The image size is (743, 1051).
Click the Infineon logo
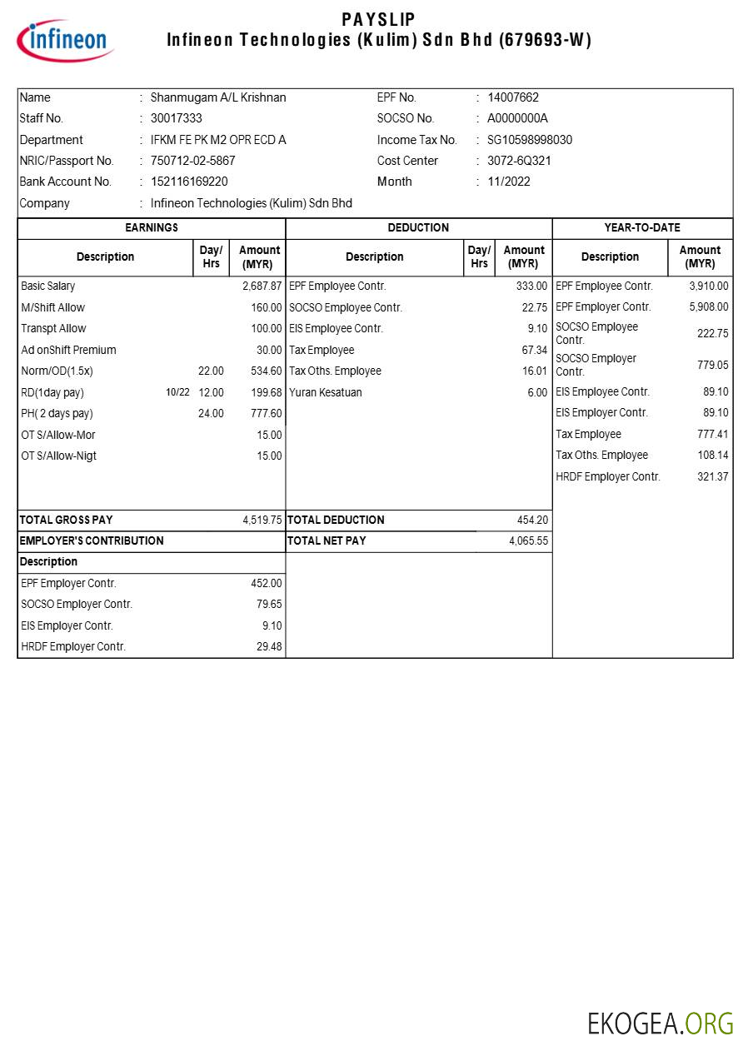[x=65, y=41]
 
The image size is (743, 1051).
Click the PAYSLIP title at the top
[x=378, y=19]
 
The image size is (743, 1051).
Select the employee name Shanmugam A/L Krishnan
[x=218, y=97]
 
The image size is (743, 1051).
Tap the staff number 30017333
[x=176, y=118]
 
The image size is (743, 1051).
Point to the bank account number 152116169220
[x=189, y=182]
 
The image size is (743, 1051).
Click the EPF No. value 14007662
[x=513, y=97]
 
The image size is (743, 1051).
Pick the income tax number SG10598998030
[x=530, y=140]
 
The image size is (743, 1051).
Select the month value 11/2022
[x=509, y=182]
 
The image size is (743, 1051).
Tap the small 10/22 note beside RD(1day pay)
[x=177, y=392]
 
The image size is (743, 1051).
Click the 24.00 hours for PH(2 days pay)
[x=211, y=413]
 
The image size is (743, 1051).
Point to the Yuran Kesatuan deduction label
[x=326, y=392]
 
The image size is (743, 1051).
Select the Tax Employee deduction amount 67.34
[x=534, y=350]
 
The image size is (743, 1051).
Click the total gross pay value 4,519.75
[x=262, y=520]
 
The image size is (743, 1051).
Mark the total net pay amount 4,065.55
[x=528, y=540]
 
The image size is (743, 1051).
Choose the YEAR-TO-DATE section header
[x=642, y=227]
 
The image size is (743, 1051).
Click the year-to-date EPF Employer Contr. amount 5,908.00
[x=708, y=306]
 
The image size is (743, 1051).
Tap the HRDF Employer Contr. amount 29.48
[x=268, y=646]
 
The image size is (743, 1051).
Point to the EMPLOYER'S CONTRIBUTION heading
[x=92, y=540]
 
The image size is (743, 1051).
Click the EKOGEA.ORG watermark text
[x=661, y=1023]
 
